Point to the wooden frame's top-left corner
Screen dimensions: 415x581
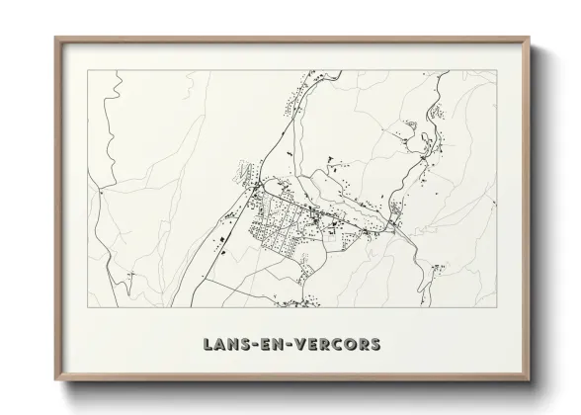click(x=56, y=39)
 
